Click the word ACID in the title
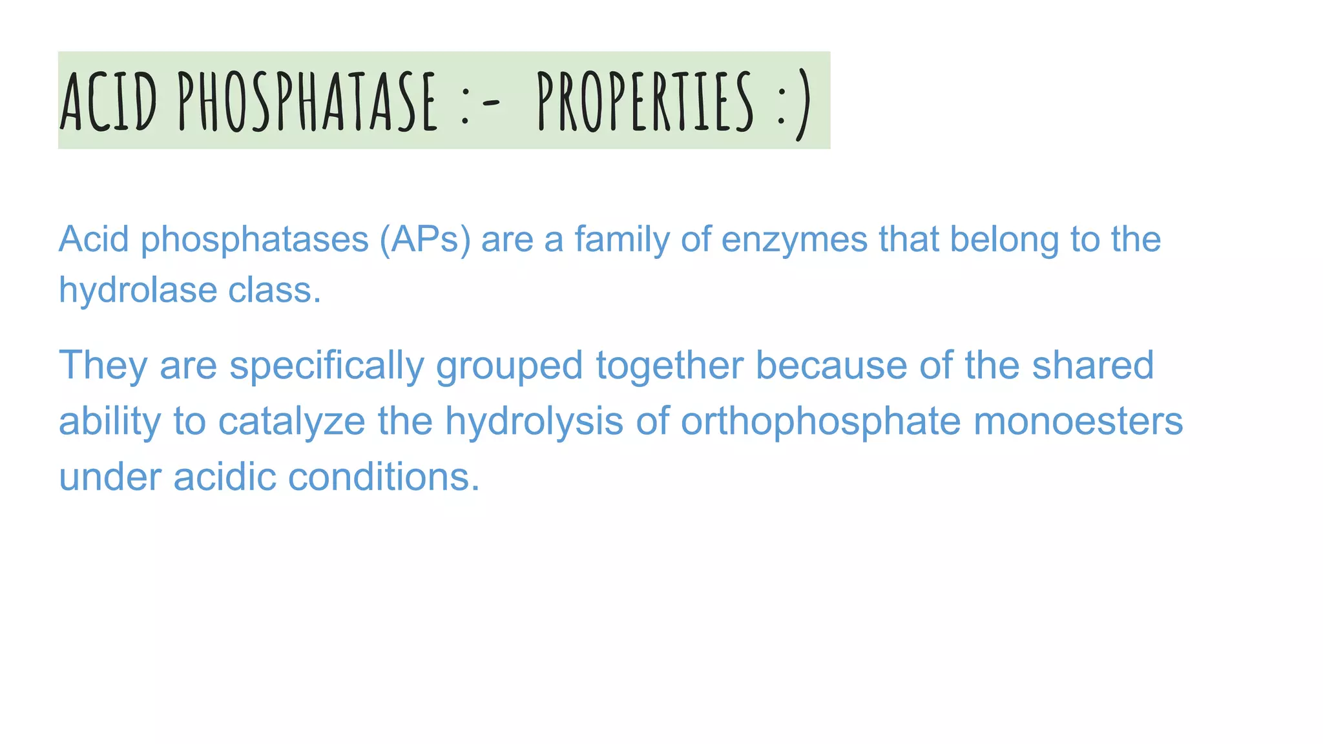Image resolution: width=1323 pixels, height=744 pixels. pyautogui.click(x=109, y=101)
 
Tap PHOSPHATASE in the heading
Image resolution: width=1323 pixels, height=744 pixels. pyautogui.click(x=307, y=101)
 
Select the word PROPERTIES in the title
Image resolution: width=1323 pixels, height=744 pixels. pyautogui.click(x=645, y=101)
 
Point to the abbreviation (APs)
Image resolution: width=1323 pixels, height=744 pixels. pyautogui.click(x=425, y=239)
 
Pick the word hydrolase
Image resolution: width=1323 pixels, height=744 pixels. pyautogui.click(x=138, y=290)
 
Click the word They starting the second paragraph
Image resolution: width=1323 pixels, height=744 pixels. pyautogui.click(x=103, y=366)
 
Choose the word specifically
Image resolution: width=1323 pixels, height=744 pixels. pyautogui.click(x=326, y=366)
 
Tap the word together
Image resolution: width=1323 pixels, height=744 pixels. pyautogui.click(x=669, y=366)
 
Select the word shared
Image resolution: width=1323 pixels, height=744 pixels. pyautogui.click(x=1092, y=365)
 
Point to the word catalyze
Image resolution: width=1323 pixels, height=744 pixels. pyautogui.click(x=291, y=422)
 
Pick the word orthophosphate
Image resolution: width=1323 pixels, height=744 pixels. pyautogui.click(x=820, y=422)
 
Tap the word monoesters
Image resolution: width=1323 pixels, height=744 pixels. pyautogui.click(x=1078, y=421)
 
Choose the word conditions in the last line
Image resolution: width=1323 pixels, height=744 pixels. pyautogui.click(x=384, y=477)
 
